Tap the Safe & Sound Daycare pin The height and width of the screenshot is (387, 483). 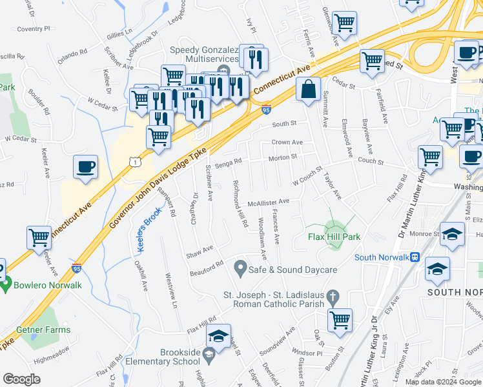click(x=241, y=266)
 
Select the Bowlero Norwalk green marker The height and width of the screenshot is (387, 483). click(x=6, y=284)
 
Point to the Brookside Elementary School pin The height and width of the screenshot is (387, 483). click(x=209, y=354)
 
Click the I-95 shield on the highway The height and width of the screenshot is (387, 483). click(x=267, y=111)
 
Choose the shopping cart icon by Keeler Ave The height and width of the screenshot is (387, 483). click(x=39, y=237)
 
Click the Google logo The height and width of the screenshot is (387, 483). click(x=21, y=379)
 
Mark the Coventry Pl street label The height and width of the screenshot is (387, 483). click(x=34, y=29)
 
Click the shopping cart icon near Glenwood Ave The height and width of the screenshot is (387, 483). click(x=345, y=23)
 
